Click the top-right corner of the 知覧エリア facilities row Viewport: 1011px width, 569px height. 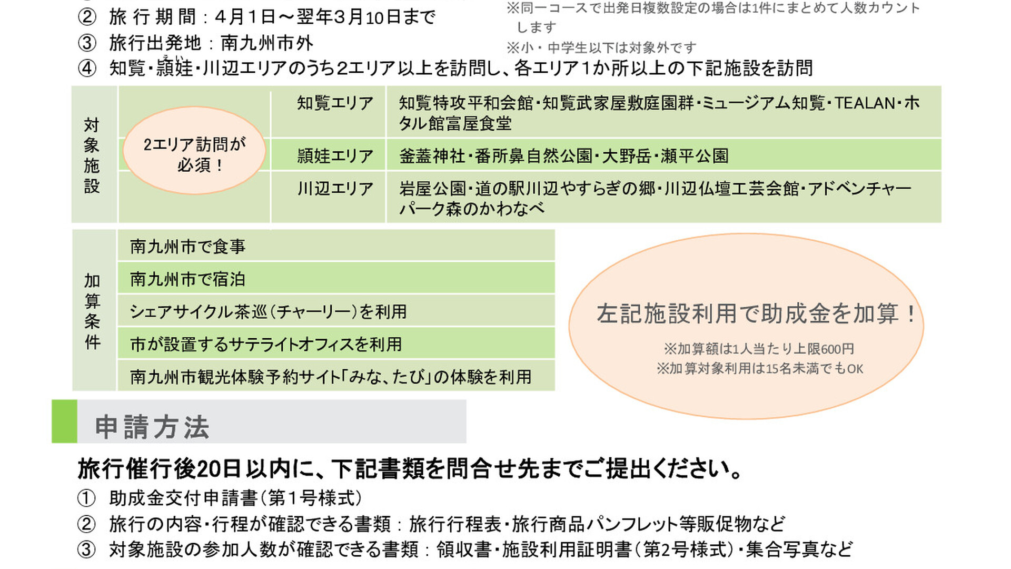tap(941, 86)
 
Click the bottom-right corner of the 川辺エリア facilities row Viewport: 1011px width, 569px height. tap(941, 222)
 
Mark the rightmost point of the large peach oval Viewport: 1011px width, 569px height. tap(924, 327)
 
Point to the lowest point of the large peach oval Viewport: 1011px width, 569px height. tap(746, 419)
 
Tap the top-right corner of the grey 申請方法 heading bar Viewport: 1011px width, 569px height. tap(466, 400)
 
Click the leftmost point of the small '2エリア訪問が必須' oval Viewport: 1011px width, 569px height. tap(123, 151)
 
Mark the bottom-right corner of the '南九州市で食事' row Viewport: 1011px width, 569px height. tap(554, 260)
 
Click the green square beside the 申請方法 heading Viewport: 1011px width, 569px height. tap(64, 421)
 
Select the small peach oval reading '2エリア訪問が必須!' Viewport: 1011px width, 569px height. tap(194, 151)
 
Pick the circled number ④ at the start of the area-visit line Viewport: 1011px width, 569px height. tap(87, 68)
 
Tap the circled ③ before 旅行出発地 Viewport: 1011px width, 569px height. tap(87, 43)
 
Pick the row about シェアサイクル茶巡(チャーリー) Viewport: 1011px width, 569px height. tap(336, 311)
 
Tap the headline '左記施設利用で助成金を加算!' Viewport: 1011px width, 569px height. tap(757, 314)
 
